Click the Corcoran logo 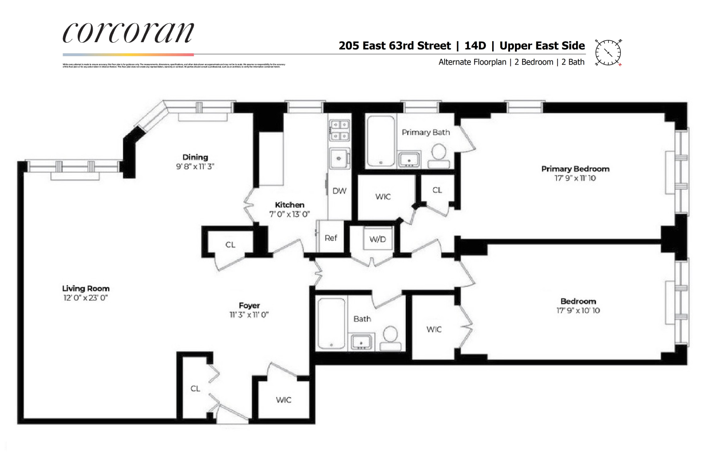point(128,33)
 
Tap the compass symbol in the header point(608,52)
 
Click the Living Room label point(85,289)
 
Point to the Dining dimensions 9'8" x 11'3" point(195,166)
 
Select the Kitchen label point(290,205)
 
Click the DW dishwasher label point(339,191)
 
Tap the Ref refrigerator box point(331,238)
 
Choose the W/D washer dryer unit point(378,239)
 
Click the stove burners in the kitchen point(339,130)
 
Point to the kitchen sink point(339,159)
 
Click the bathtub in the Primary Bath point(380,141)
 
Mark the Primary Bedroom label point(575,169)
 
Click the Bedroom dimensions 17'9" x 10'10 point(578,310)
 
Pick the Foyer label point(249,306)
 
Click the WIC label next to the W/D point(383,196)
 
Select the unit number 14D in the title point(475,46)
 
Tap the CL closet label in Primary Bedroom point(437,190)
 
